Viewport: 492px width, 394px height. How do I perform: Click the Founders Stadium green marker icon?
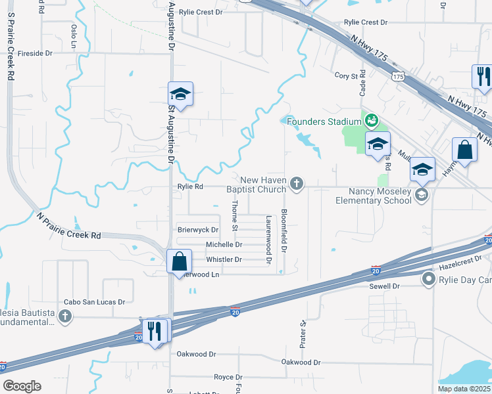point(372,121)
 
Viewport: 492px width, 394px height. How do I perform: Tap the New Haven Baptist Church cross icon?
point(297,183)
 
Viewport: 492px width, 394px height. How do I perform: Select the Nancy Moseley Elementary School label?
point(373,195)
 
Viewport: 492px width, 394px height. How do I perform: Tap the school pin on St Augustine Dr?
point(180,94)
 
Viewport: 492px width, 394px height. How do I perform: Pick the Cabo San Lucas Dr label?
point(94,302)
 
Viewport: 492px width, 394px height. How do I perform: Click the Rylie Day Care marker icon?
point(429,280)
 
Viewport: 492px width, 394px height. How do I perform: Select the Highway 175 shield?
point(397,77)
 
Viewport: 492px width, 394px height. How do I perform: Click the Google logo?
point(22,386)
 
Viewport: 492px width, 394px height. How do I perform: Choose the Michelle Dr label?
point(224,244)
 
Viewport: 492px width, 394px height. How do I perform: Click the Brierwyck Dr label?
point(198,230)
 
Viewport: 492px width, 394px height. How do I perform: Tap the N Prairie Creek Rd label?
point(68,225)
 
